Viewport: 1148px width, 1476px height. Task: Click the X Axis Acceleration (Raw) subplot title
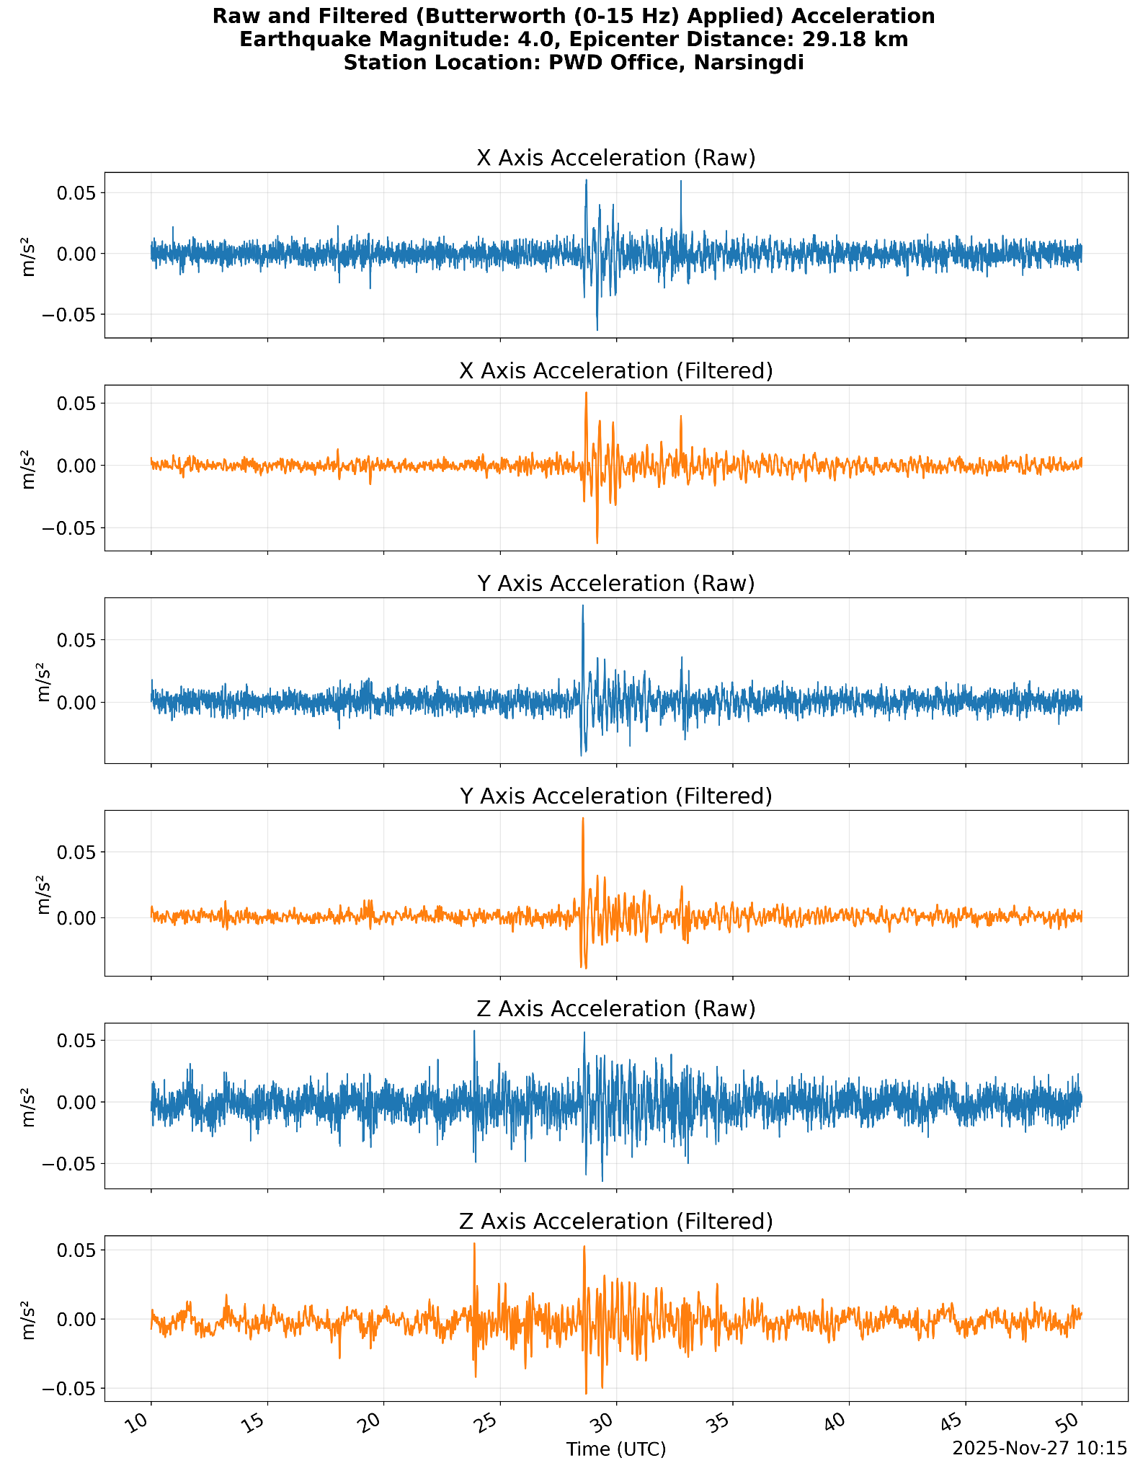[x=616, y=159]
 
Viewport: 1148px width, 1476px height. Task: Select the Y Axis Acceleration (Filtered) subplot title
[x=616, y=796]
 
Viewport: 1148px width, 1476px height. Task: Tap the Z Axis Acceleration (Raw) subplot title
[x=616, y=1009]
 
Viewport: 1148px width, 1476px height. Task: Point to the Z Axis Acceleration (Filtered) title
[x=616, y=1222]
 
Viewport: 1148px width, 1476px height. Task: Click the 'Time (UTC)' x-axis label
[x=616, y=1449]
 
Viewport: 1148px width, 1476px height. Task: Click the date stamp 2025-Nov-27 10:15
[x=1039, y=1448]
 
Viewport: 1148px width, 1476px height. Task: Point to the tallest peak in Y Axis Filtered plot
[x=583, y=819]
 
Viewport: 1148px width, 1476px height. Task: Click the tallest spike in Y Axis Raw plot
[x=583, y=606]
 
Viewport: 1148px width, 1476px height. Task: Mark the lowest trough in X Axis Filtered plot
[x=597, y=542]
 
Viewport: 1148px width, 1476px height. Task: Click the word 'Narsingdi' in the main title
[x=748, y=63]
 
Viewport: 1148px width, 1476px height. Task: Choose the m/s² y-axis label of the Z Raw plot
[x=29, y=1106]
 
